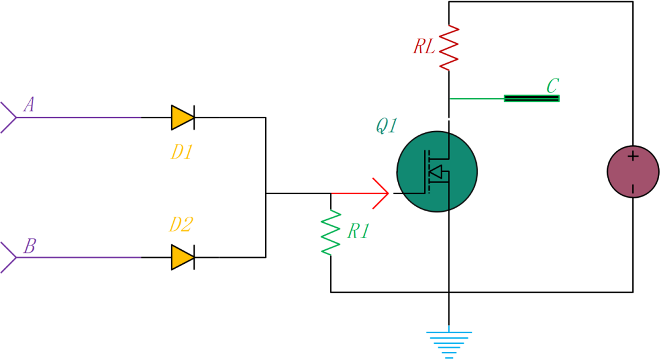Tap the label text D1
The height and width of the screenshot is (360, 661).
point(182,152)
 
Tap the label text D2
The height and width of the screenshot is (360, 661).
point(181,225)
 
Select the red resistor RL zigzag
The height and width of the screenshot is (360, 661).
point(449,47)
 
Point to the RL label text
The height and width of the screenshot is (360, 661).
point(424,47)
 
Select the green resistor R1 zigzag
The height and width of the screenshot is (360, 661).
point(330,233)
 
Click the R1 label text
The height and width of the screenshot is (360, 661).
point(358,231)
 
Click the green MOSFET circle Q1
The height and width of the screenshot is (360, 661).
point(437,171)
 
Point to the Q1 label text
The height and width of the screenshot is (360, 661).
point(387,126)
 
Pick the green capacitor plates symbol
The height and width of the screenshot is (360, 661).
point(531,98)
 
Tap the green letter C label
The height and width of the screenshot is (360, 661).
point(552,85)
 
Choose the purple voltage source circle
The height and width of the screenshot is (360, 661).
point(633,171)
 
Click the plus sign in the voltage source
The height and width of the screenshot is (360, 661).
point(633,157)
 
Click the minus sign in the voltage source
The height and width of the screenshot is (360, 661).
point(633,188)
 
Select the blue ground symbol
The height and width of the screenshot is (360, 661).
point(449,343)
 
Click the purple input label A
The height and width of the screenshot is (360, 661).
point(29,105)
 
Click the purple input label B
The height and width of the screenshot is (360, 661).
point(29,246)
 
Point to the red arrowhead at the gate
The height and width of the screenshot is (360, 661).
point(381,193)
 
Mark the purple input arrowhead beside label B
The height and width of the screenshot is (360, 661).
point(9,257)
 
